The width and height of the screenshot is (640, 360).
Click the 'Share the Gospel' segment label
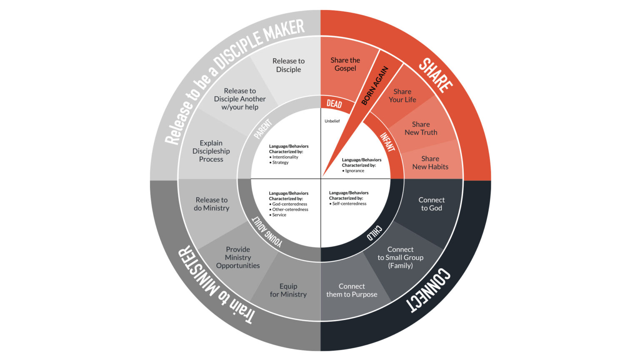[345, 64]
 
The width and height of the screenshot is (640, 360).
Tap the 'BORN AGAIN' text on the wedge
[375, 86]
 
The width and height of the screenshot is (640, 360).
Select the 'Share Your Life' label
[402, 95]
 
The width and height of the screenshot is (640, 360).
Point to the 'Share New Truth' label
[421, 128]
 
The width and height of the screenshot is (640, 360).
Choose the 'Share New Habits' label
[430, 162]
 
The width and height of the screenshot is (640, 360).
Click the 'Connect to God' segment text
[431, 204]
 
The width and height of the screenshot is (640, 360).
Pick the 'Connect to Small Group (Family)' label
[400, 257]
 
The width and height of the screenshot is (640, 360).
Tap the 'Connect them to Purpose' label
[352, 290]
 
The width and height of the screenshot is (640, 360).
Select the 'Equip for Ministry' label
[288, 290]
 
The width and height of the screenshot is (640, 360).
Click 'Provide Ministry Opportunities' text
[238, 257]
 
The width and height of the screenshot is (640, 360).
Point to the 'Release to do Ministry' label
[212, 204]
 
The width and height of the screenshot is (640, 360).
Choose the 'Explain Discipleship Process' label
[211, 151]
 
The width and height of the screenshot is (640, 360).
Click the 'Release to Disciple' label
[288, 65]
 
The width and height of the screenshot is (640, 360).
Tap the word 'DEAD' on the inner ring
[334, 103]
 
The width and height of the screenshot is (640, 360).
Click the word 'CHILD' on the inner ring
[374, 233]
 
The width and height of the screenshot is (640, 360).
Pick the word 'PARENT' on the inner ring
[262, 129]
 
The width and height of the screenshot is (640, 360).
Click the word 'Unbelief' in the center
[332, 121]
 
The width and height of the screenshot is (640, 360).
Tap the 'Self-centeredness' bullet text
[349, 204]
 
